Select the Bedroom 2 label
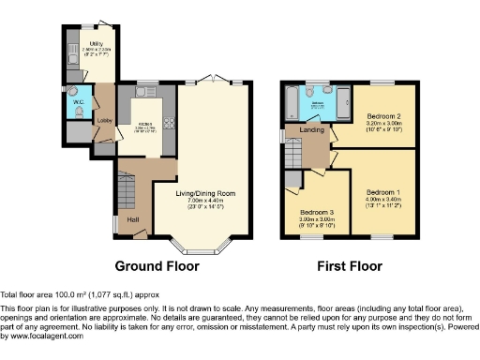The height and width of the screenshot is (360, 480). coord(370,114)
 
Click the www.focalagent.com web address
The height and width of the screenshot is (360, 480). coord(47,335)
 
